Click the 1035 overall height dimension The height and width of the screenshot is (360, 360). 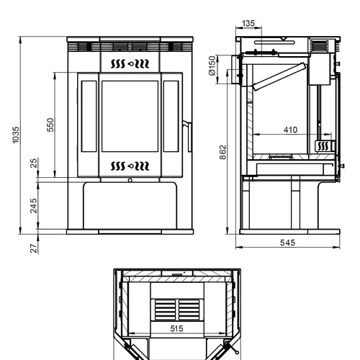tap(16, 135)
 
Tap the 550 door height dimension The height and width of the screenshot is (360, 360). tap(50, 125)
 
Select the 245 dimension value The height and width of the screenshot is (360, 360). tap(34, 206)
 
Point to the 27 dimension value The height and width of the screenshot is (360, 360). tap(34, 248)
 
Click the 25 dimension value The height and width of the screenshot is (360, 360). tap(34, 163)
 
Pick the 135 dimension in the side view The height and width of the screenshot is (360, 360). tap(248, 24)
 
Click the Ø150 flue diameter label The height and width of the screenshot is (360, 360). tap(212, 66)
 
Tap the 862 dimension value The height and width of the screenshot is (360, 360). tap(223, 152)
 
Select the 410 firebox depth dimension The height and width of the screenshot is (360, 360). tap(290, 130)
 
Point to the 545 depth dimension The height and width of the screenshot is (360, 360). tap(287, 243)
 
